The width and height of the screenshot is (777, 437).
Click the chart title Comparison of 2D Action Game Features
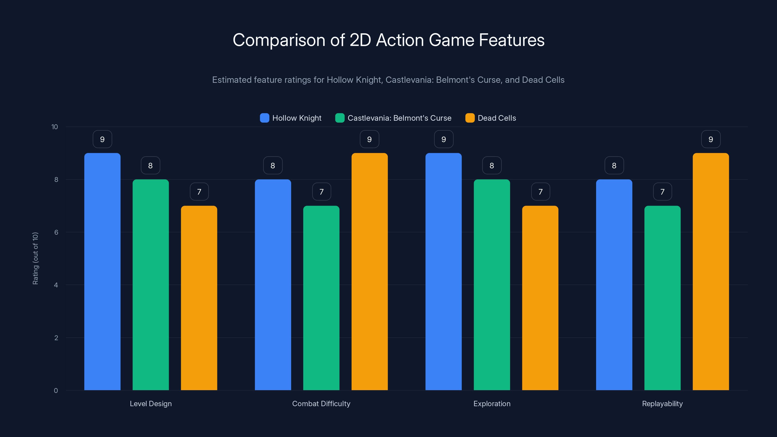388,40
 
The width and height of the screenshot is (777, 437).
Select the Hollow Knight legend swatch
264,118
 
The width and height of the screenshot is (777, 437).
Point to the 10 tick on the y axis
55,127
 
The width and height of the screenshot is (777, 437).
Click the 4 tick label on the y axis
56,285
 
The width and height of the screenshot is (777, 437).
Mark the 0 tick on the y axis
56,391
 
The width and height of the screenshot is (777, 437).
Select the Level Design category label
151,403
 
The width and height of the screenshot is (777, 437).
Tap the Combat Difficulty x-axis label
321,403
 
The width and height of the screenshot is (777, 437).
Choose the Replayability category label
662,403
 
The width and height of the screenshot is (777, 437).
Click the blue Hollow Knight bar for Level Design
102,271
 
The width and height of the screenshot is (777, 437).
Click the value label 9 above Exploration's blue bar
443,139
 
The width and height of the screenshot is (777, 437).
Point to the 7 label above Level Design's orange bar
199,192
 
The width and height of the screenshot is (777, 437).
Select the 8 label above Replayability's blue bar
614,166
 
